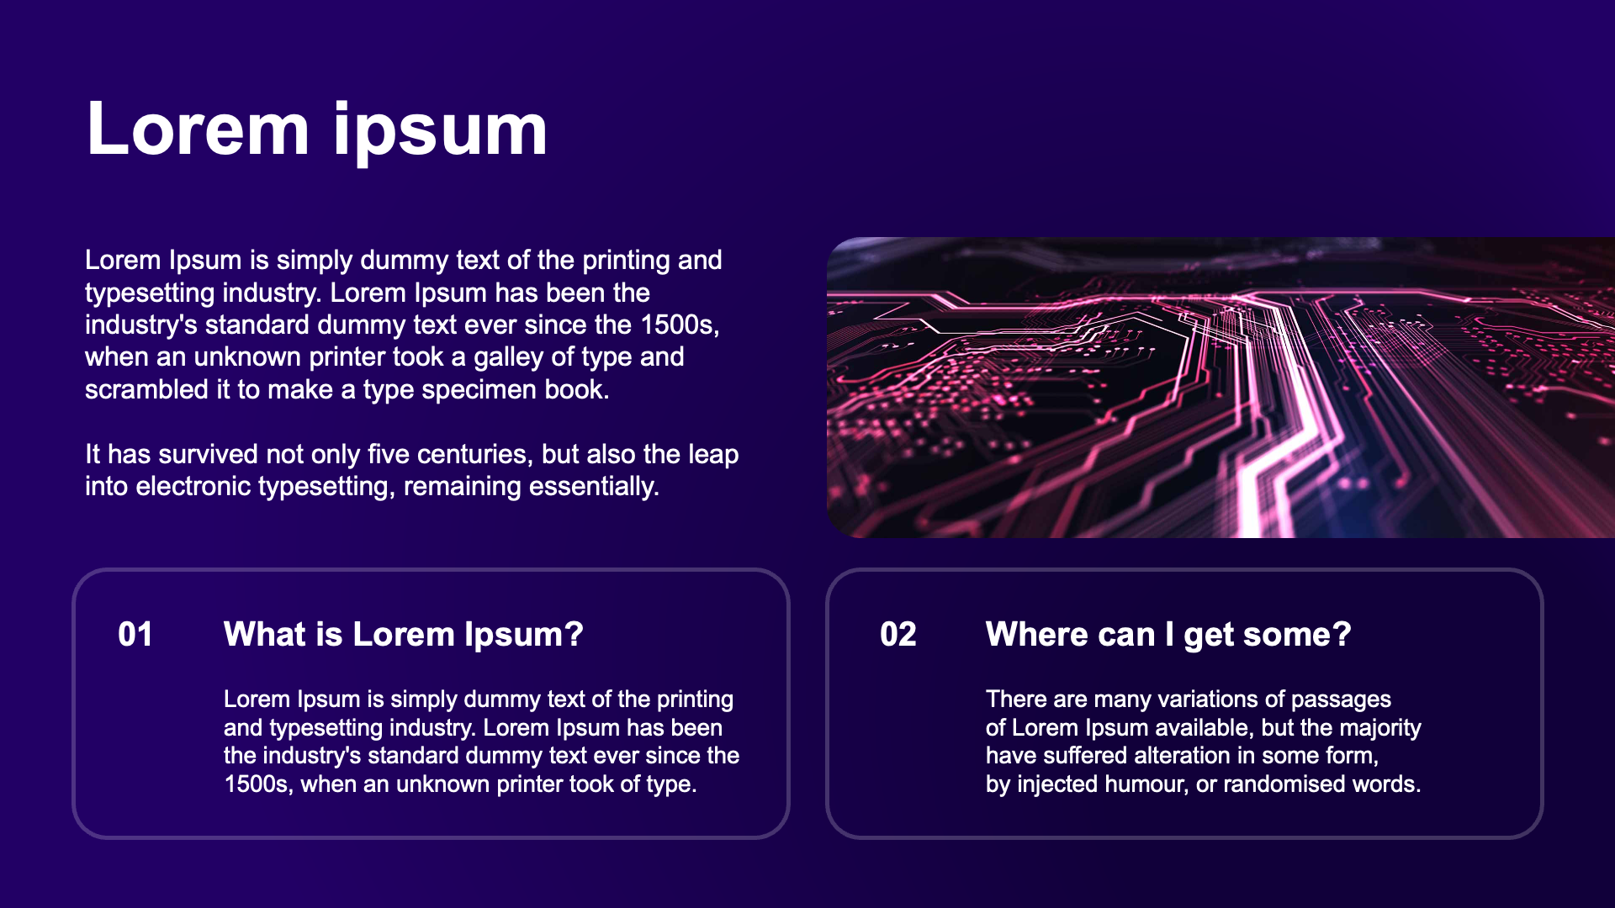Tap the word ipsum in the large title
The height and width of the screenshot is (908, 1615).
pos(441,133)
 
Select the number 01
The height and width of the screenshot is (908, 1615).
pos(135,635)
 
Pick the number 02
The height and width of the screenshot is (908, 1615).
pos(898,635)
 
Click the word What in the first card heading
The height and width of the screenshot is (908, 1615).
pos(265,635)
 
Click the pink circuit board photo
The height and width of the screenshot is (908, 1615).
pos(1221,388)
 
